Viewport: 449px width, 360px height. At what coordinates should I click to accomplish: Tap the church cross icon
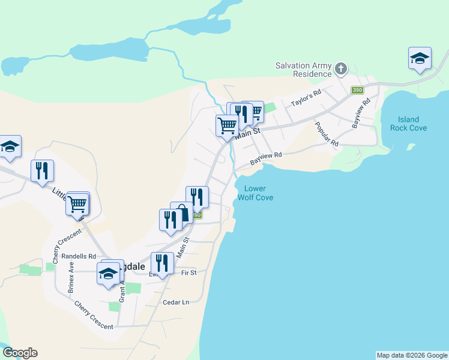click(x=340, y=68)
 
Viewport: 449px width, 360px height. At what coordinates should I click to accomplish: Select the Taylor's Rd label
click(x=306, y=98)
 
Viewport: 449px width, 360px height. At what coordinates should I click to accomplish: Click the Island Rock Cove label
click(x=408, y=124)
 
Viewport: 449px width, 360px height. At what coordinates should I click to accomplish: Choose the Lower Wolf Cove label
click(x=255, y=193)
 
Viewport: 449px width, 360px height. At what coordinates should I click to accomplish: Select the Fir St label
click(x=188, y=273)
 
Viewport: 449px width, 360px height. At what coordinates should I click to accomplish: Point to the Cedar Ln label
click(x=175, y=302)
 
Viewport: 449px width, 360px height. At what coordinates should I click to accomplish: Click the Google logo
click(x=20, y=353)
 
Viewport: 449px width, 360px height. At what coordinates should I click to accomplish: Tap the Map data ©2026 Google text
click(x=412, y=355)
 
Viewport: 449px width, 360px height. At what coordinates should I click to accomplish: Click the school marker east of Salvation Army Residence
click(x=420, y=58)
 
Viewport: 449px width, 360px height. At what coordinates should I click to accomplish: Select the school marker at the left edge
click(x=10, y=146)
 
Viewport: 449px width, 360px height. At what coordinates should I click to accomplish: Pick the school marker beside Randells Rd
click(x=108, y=274)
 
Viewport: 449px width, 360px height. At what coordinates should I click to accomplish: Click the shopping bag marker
click(x=182, y=214)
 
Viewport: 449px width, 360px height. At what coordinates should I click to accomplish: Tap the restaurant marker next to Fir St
click(x=162, y=263)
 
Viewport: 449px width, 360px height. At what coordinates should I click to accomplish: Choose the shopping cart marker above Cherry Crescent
click(x=77, y=204)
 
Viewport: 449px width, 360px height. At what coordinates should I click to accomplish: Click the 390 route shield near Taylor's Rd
click(x=357, y=90)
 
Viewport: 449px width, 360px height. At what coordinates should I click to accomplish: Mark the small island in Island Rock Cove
click(x=411, y=146)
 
